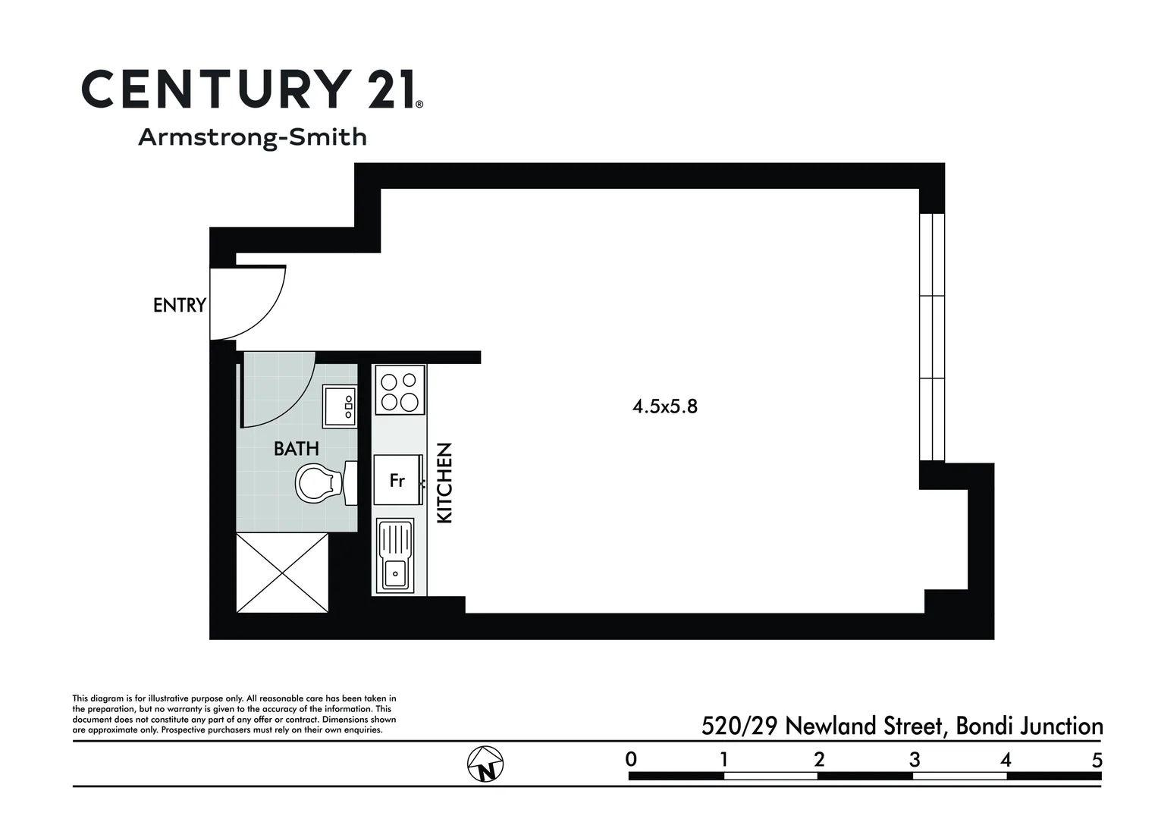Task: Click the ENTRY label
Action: pos(180,305)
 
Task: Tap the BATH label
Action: pos(297,448)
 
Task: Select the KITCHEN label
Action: pos(444,482)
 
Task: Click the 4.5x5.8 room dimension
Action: pos(665,406)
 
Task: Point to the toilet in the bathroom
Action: pos(325,483)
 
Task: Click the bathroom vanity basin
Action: pos(340,406)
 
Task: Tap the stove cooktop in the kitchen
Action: pos(400,389)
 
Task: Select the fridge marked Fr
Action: pos(398,480)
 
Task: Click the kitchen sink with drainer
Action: pos(395,556)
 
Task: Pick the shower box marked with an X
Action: pos(282,573)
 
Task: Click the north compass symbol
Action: pos(485,764)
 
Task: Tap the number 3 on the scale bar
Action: pos(915,760)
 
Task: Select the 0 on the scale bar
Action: pos(631,759)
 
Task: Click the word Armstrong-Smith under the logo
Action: pos(253,137)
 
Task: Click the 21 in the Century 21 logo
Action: pos(389,89)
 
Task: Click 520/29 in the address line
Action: pos(739,726)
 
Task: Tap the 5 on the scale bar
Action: pos(1097,760)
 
